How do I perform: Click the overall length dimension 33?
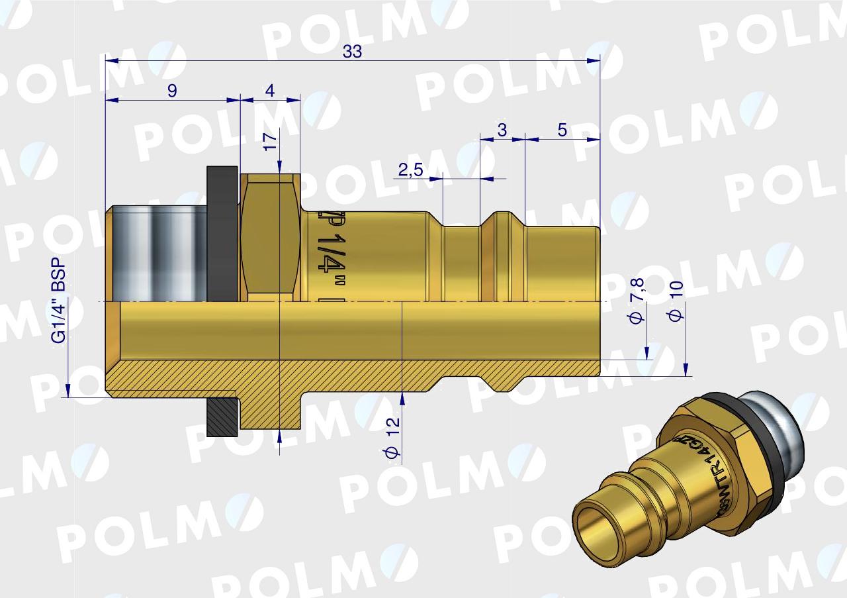352,52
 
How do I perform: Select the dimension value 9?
172,91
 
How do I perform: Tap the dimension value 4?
269,91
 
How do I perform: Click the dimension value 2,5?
410,170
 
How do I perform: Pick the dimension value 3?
502,130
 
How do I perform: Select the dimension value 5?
562,130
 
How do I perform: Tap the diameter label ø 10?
676,301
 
